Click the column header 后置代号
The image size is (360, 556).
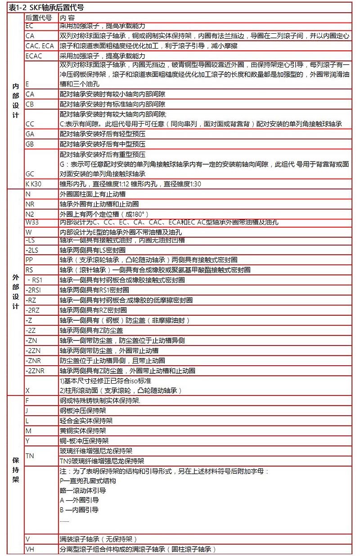click(x=38, y=18)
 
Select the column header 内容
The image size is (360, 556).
click(x=67, y=18)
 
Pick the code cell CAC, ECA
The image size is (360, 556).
click(x=40, y=45)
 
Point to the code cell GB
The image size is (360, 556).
click(x=30, y=144)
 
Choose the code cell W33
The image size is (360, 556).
click(x=32, y=222)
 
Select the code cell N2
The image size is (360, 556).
click(x=30, y=214)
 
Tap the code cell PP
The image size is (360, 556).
click(x=29, y=260)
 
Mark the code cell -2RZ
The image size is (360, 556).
click(x=32, y=310)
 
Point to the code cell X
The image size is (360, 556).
click(x=28, y=390)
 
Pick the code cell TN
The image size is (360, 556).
click(x=30, y=456)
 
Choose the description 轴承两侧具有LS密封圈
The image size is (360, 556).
click(x=92, y=250)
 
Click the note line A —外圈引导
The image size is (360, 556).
click(x=79, y=500)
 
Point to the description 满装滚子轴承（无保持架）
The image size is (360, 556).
click(x=98, y=539)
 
